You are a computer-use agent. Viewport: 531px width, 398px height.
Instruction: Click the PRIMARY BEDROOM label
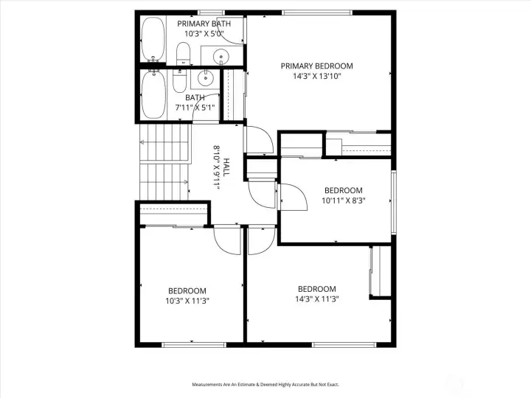coord(316,66)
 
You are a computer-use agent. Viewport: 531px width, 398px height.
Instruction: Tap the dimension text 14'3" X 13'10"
coord(316,76)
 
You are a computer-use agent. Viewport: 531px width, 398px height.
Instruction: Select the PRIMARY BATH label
coord(204,24)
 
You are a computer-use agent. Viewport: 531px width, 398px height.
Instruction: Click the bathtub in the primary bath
coord(153,39)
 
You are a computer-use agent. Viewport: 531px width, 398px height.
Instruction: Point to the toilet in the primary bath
coord(183,54)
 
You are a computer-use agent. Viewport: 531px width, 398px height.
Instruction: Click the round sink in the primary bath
coord(221,56)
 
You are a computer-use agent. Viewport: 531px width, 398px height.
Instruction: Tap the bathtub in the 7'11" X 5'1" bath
coord(153,94)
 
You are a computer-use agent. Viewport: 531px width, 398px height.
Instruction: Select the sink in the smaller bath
coord(205,79)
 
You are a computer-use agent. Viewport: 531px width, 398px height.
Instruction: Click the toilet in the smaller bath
coord(179,81)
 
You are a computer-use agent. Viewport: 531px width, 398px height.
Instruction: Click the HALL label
coord(226,167)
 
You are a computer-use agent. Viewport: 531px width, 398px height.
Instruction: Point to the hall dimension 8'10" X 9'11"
coord(217,167)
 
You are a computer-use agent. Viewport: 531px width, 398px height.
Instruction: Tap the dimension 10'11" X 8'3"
coord(344,200)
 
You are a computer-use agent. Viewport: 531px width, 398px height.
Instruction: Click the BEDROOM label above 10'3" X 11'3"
coord(187,290)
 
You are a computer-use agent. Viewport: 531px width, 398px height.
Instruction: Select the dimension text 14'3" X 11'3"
coord(317,298)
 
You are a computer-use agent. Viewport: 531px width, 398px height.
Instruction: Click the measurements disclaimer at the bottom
coord(265,385)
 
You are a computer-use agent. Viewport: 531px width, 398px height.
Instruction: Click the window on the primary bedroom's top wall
coord(317,13)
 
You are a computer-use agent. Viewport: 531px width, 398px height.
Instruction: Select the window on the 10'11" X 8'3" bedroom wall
coord(394,203)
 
